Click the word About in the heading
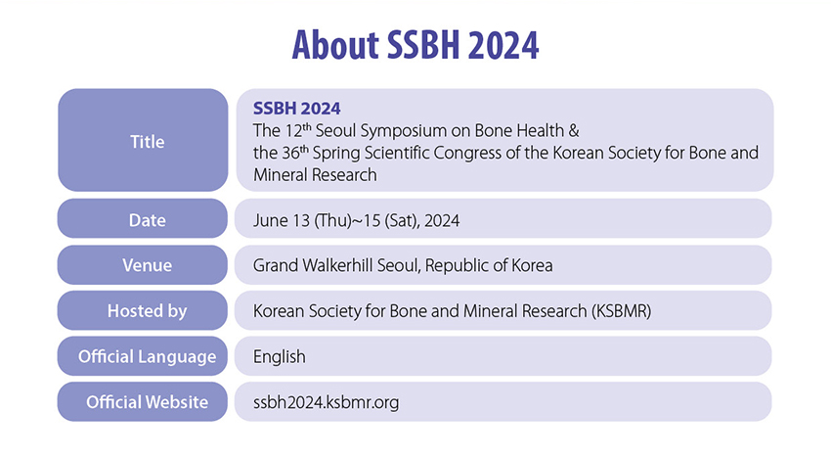coord(336,45)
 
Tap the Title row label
coord(148,142)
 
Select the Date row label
coord(148,220)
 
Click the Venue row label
coord(148,265)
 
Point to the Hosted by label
coord(148,311)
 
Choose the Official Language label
coord(148,356)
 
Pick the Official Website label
coord(148,402)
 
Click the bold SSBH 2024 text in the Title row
coord(297,109)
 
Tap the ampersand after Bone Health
coord(574,130)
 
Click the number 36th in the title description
coord(295,153)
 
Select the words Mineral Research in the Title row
coord(315,174)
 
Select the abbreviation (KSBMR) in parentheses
coord(621,311)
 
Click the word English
coord(280,356)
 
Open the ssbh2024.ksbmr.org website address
coord(326,402)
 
